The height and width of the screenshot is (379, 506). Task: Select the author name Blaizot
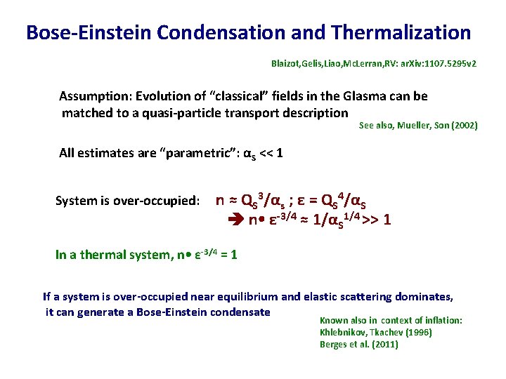pos(287,64)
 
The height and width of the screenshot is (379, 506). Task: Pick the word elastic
pos(321,297)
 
